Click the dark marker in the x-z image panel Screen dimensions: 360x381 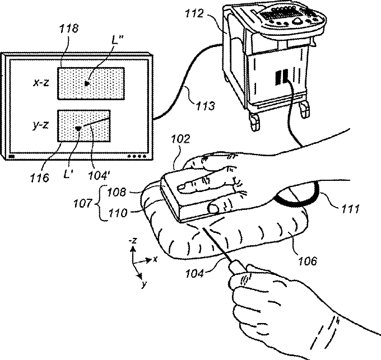tap(87, 83)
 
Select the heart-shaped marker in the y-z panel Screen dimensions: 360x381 tap(78, 129)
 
